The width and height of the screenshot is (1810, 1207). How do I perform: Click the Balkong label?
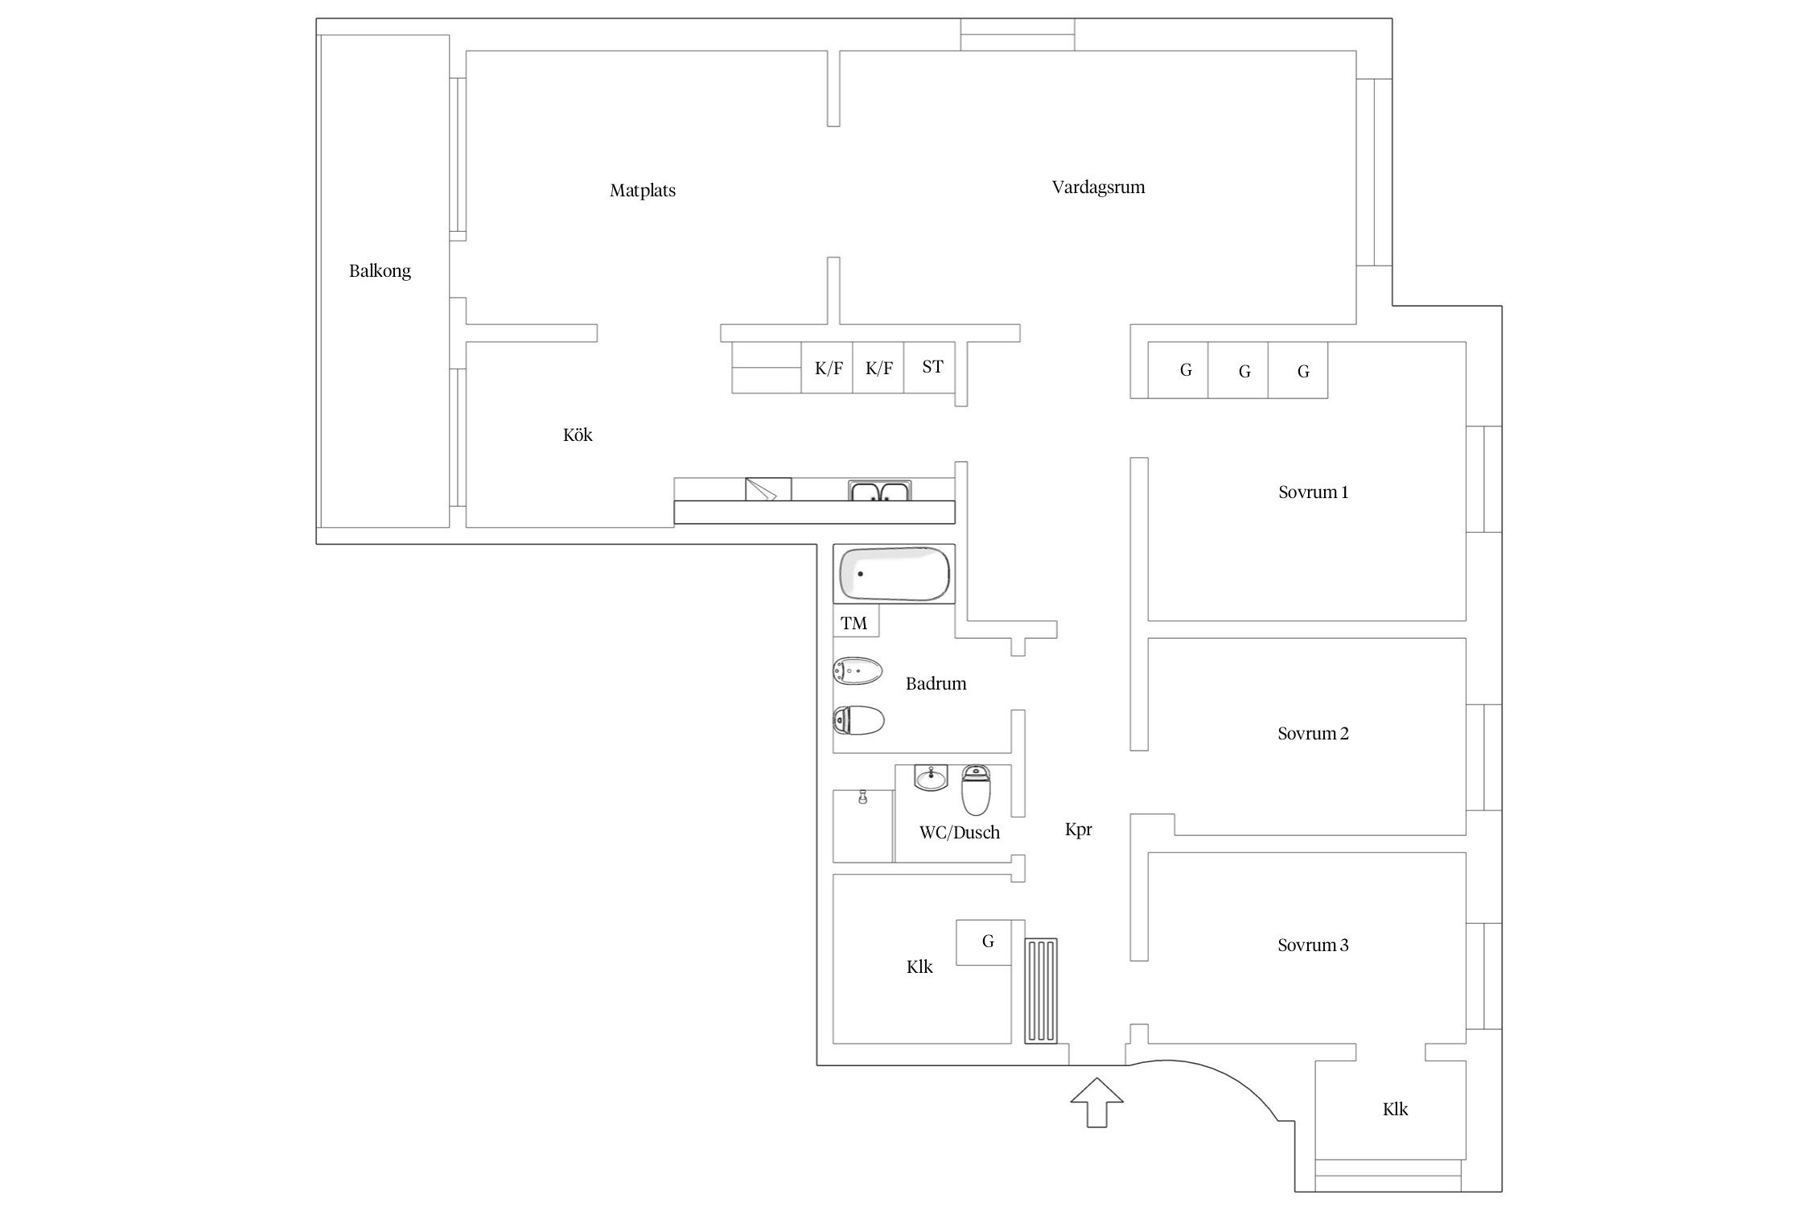click(x=380, y=271)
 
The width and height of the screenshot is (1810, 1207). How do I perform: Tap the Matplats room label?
click(x=643, y=191)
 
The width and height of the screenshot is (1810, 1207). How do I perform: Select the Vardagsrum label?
click(x=1098, y=187)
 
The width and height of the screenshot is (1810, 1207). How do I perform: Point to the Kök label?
click(x=578, y=435)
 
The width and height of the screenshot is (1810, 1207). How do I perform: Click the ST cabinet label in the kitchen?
click(x=932, y=367)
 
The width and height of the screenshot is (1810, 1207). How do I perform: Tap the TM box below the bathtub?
click(x=855, y=622)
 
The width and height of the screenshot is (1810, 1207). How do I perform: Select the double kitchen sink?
click(x=880, y=490)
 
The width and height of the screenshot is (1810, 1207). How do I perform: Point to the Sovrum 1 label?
click(x=1313, y=492)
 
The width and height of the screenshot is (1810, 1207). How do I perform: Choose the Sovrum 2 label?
click(x=1313, y=734)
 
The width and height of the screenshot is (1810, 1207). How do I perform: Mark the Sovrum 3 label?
click(x=1313, y=945)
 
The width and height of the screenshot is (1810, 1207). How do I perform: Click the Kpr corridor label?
click(x=1079, y=830)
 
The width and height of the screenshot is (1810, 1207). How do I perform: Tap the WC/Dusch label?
click(x=960, y=833)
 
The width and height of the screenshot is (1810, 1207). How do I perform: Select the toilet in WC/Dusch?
click(x=976, y=790)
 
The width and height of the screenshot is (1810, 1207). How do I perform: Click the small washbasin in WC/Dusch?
click(x=932, y=777)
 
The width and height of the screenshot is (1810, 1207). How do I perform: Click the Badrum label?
click(x=936, y=684)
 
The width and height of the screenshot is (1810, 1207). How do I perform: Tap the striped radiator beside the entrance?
click(x=1041, y=991)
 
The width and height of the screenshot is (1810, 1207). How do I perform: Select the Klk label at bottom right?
click(x=1395, y=1110)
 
